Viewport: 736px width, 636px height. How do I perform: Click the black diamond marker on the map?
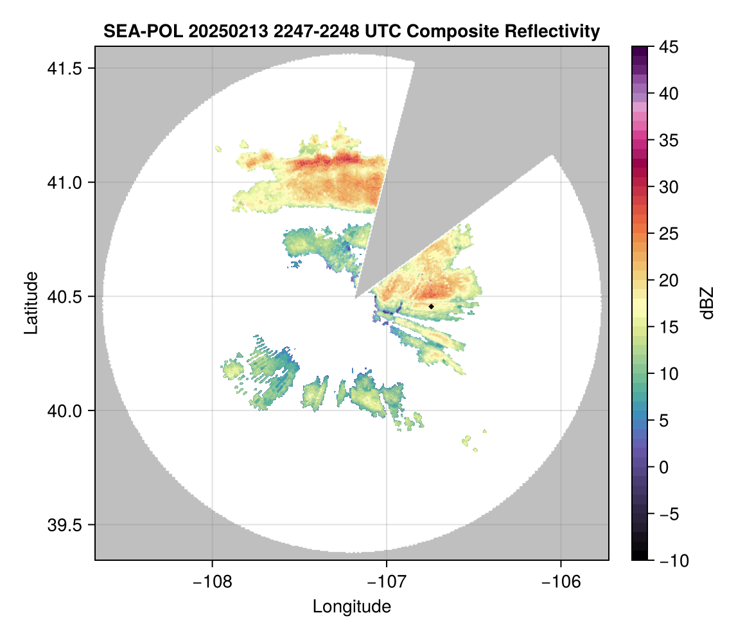432,306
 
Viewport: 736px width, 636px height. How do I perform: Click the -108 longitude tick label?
211,582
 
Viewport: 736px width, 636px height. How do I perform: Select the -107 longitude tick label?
387,582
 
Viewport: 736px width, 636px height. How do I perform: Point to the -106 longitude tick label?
561,582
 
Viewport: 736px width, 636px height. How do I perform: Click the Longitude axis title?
352,606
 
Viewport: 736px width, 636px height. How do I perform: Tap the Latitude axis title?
31,303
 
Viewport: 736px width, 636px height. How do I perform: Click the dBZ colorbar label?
707,303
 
